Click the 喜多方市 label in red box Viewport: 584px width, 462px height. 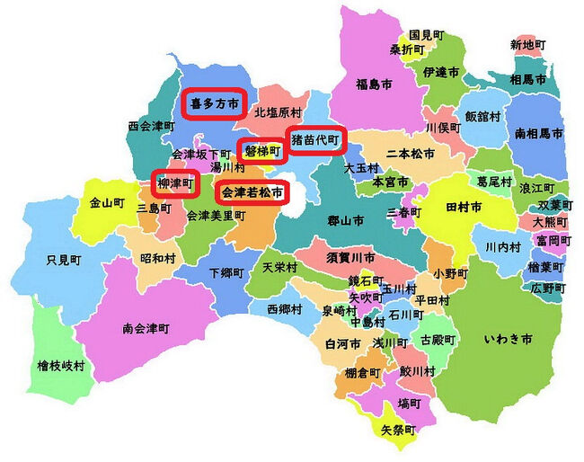coord(215,104)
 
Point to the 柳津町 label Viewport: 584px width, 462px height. coord(175,183)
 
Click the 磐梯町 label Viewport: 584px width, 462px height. coord(262,151)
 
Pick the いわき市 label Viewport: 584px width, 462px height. coord(508,339)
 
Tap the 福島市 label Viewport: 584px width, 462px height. coord(374,85)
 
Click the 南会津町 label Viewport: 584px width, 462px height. coord(146,328)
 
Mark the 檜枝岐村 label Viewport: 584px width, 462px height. coord(61,366)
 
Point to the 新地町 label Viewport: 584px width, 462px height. coord(527,44)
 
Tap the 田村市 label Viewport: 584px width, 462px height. coord(464,207)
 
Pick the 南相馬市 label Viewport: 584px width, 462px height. coord(539,133)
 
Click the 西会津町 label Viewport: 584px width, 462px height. coord(150,126)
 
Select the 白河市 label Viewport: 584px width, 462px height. coord(342,344)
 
